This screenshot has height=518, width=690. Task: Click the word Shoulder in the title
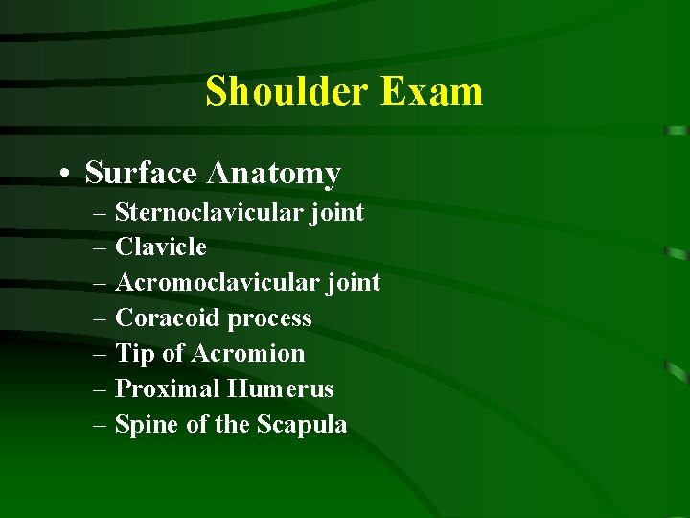coord(287,92)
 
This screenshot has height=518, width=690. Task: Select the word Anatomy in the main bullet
coord(274,175)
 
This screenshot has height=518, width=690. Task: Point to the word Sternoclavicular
coord(209,212)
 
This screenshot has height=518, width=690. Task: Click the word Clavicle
coord(160,247)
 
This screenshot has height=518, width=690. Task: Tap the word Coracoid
coord(159,318)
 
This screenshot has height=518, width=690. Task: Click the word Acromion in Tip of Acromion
coord(248,354)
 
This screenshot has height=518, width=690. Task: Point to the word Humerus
coord(281,389)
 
